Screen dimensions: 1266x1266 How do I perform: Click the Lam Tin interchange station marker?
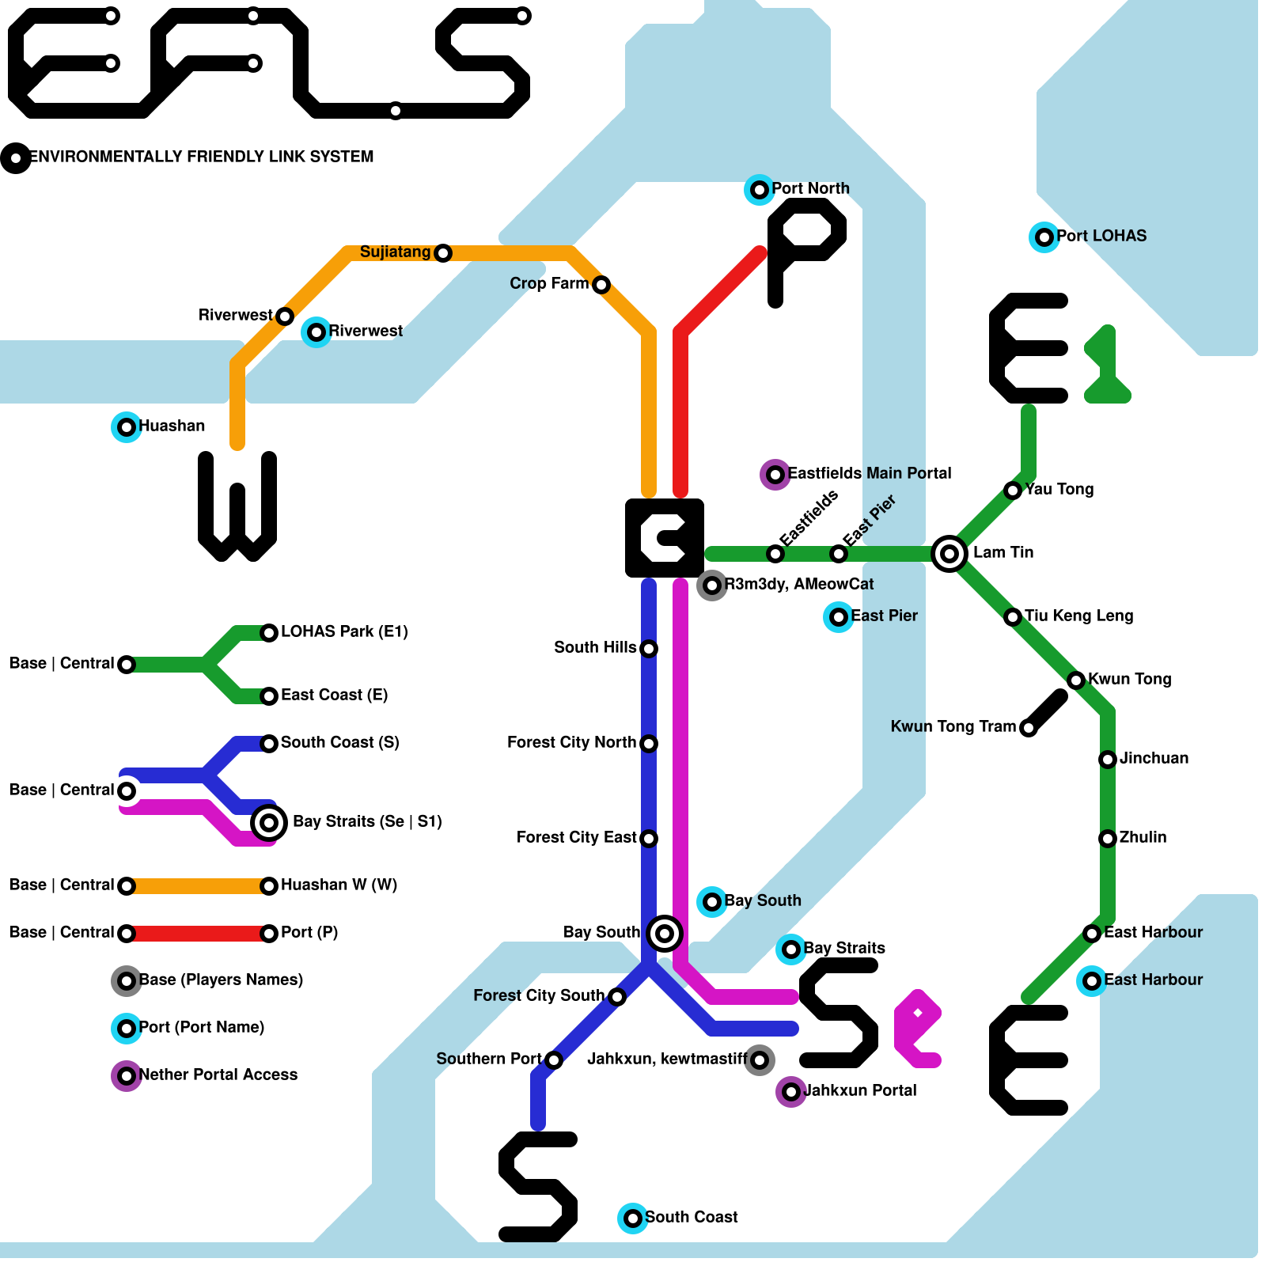pyautogui.click(x=949, y=553)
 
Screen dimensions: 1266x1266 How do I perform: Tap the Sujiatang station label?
pyautogui.click(x=395, y=252)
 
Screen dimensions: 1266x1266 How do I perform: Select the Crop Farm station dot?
pyautogui.click(x=601, y=284)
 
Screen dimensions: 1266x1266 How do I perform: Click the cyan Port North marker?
pyautogui.click(x=759, y=189)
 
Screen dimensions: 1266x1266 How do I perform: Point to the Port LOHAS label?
pyautogui.click(x=1101, y=236)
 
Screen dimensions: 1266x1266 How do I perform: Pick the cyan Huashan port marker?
pyautogui.click(x=126, y=427)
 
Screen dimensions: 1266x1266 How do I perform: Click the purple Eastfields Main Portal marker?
pyautogui.click(x=775, y=474)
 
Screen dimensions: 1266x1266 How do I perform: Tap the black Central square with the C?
pyautogui.click(x=664, y=537)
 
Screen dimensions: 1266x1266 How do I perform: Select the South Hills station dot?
pyautogui.click(x=649, y=649)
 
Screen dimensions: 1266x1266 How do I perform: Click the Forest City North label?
pyautogui.click(x=571, y=742)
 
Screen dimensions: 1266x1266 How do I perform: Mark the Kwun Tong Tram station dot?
pyautogui.click(x=1028, y=728)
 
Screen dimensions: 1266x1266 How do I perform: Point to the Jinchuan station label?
pyautogui.click(x=1154, y=758)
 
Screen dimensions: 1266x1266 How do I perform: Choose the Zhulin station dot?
pyautogui.click(x=1108, y=838)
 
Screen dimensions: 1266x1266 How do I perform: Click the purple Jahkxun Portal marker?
pyautogui.click(x=790, y=1092)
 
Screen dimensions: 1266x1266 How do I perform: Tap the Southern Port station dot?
pyautogui.click(x=554, y=1059)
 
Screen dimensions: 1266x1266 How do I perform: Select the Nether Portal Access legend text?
pyautogui.click(x=218, y=1075)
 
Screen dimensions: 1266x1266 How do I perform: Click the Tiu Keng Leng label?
pyautogui.click(x=1078, y=616)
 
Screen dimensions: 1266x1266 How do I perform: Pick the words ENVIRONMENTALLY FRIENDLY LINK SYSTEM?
pyautogui.click(x=201, y=157)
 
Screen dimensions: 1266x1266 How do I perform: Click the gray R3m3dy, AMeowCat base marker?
pyautogui.click(x=711, y=585)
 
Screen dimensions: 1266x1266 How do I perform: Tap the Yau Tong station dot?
pyautogui.click(x=1013, y=491)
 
